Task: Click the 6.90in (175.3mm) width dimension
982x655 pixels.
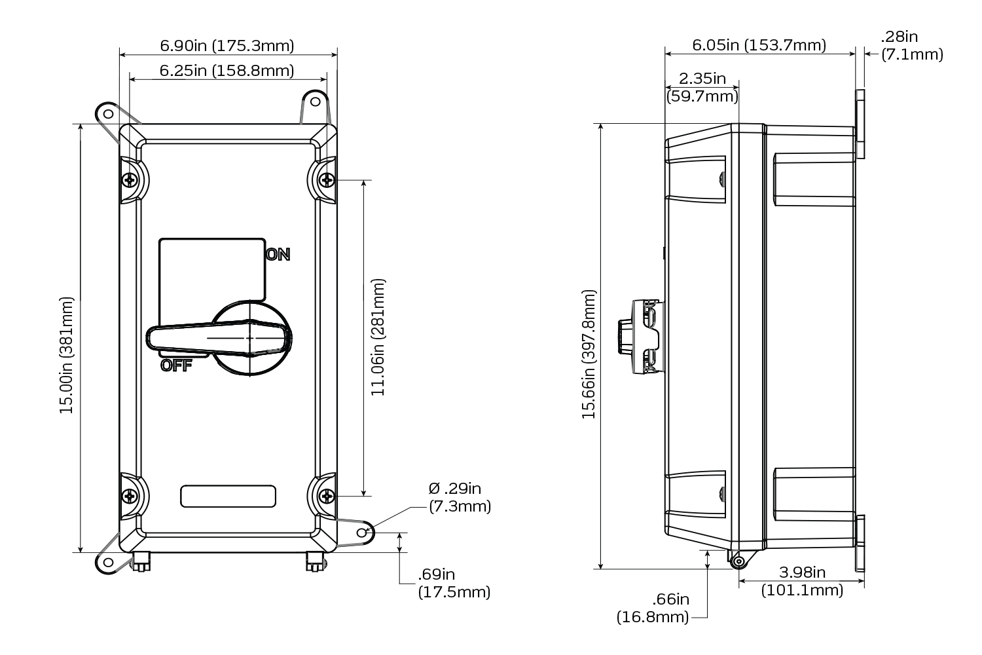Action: [227, 46]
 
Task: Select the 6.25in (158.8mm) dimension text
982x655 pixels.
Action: [227, 70]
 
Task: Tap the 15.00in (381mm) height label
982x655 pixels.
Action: [67, 355]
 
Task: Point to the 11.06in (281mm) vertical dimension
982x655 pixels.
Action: [378, 337]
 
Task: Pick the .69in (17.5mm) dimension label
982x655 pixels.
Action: [454, 584]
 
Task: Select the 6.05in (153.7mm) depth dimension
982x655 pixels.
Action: [759, 45]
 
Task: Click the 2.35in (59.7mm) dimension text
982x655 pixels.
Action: [702, 88]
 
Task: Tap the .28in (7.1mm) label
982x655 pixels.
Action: [912, 46]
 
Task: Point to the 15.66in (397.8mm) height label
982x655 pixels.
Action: [589, 354]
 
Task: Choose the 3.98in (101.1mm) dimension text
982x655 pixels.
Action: [802, 581]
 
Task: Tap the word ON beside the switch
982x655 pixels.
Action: [278, 255]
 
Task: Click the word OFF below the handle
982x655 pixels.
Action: [176, 366]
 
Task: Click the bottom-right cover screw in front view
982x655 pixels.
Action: [325, 496]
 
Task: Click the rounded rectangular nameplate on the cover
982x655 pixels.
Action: [228, 496]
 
